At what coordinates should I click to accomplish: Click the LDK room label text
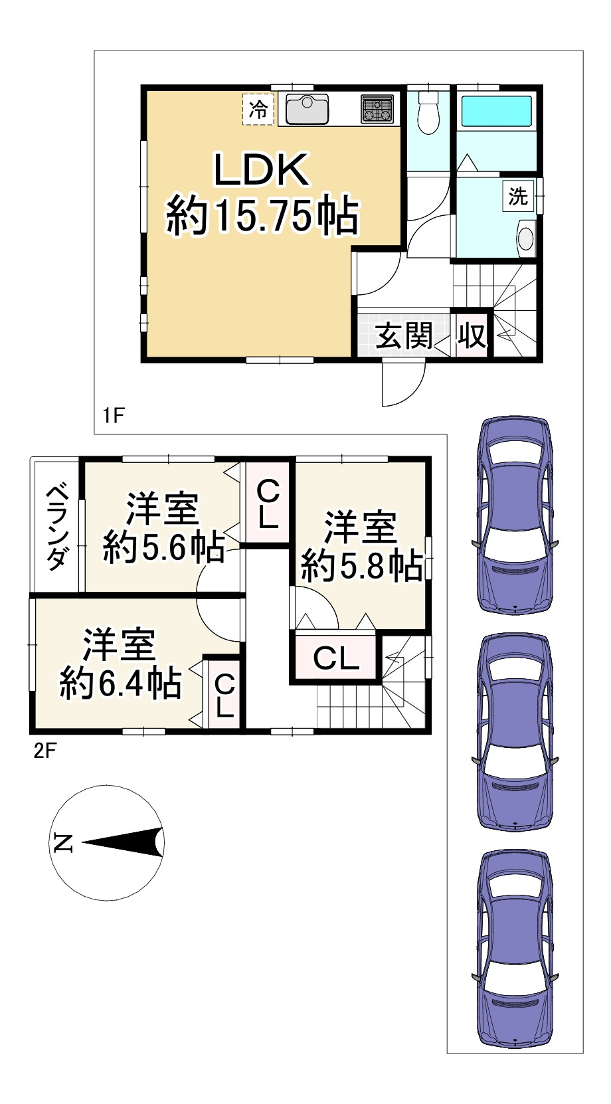pos(261,171)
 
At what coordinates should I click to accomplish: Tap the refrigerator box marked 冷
pos(258,110)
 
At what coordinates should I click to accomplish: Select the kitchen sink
pos(307,109)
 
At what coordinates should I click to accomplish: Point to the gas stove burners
pos(377,110)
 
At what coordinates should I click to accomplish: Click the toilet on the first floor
pos(428,114)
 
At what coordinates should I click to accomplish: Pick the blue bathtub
pos(496,110)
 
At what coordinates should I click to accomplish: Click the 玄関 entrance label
pos(404,335)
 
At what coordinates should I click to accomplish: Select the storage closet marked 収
pos(472,335)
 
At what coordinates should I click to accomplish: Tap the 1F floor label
pos(114,416)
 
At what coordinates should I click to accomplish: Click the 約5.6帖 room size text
pos(163,548)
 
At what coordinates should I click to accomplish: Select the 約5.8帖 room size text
pos(361,565)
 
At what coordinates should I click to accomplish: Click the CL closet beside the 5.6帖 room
pos(267,504)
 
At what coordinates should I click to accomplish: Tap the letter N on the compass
pos(62,843)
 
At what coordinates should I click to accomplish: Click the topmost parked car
pos(515,515)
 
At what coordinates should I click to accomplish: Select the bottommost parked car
pos(515,949)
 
